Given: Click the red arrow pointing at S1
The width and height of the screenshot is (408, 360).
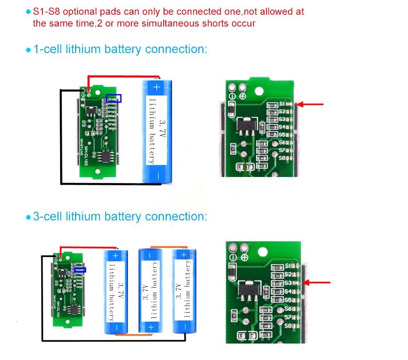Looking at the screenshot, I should [310, 104].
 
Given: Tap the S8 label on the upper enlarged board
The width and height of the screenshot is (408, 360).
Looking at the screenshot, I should [282, 158].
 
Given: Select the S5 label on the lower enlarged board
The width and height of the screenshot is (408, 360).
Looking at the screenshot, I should [288, 300].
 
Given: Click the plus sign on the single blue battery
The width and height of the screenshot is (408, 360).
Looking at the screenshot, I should [157, 86].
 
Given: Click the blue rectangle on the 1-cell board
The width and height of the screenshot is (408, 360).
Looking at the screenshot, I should [114, 98].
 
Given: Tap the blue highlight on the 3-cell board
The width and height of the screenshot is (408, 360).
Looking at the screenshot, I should [80, 270].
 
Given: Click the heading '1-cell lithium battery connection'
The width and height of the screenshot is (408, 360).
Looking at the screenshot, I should [120, 49].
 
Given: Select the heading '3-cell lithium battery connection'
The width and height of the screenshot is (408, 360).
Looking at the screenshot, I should [120, 216].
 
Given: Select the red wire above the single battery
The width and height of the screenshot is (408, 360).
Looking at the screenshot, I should [122, 76].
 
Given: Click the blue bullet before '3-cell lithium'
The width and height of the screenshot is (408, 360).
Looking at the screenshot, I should [28, 217].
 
